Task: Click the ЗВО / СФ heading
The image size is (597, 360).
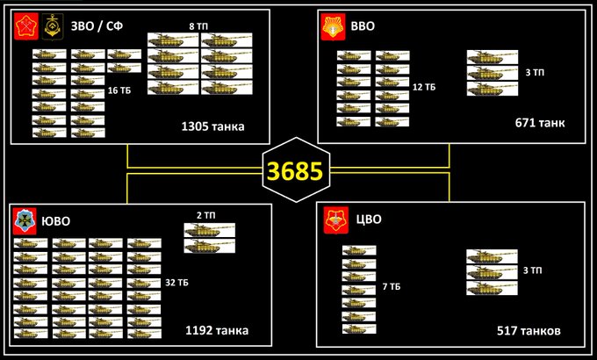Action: click(x=97, y=25)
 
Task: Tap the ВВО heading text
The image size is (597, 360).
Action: click(x=363, y=25)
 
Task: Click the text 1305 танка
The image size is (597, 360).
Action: click(x=212, y=126)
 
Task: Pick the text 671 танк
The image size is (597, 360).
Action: click(x=540, y=122)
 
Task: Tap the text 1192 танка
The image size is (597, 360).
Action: click(x=217, y=331)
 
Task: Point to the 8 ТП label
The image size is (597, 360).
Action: click(x=199, y=26)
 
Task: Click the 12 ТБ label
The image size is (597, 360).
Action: click(x=424, y=87)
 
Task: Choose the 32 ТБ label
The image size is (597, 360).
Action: click(x=176, y=283)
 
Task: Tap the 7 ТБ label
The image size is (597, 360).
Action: click(x=391, y=286)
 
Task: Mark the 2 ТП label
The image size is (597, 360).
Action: click(x=205, y=215)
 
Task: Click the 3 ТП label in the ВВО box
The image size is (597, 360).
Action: click(x=534, y=73)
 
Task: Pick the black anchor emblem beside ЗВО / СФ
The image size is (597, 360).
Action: click(x=52, y=25)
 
